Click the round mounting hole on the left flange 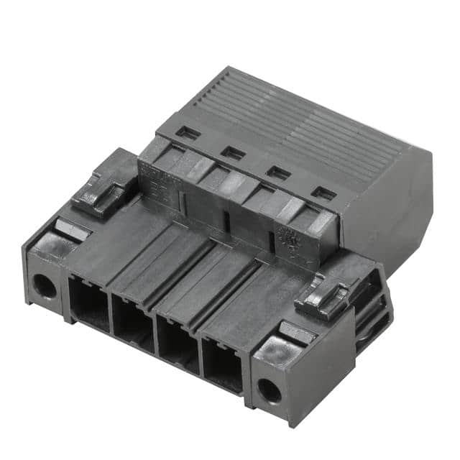coord(44,287)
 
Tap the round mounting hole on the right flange coord(270,390)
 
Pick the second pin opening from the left coord(133,324)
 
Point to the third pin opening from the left coord(178,345)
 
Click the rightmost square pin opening coord(224,366)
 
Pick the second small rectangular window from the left coord(232,152)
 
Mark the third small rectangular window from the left coord(277,172)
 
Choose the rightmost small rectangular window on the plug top coord(323,193)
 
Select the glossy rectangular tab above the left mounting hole coord(72,230)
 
